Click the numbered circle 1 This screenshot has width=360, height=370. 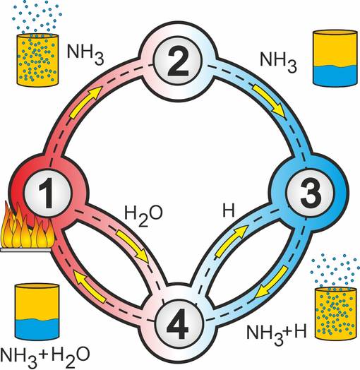click(48, 193)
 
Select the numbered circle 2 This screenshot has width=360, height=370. click(179, 62)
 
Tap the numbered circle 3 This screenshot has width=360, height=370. click(310, 193)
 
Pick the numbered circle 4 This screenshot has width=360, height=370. click(179, 324)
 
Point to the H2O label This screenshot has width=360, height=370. click(143, 215)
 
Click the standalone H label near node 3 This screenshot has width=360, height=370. click(229, 210)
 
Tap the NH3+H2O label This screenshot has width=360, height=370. click(44, 356)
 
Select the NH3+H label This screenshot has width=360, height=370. click(276, 333)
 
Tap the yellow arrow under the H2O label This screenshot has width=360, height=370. click(133, 246)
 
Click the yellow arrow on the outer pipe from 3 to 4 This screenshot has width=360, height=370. click(272, 282)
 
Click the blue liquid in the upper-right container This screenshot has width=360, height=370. click(335, 75)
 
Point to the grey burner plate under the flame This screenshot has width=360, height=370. click(25, 250)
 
